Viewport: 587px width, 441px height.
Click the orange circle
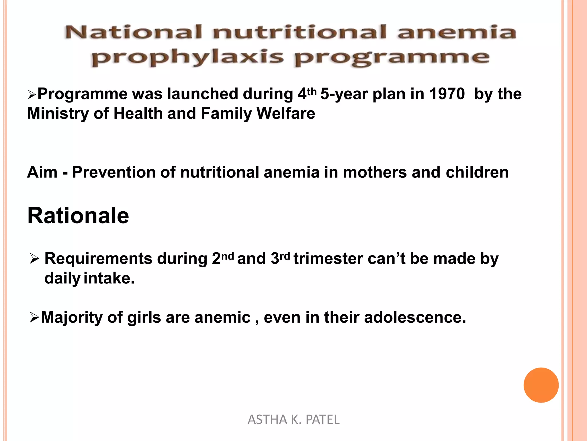[541, 385]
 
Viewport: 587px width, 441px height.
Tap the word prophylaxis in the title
[187, 57]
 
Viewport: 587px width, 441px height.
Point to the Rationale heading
[78, 216]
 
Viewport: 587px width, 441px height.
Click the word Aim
[42, 172]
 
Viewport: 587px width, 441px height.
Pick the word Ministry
[58, 113]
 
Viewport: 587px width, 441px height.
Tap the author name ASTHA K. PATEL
[293, 419]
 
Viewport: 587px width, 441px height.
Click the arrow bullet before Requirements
[34, 259]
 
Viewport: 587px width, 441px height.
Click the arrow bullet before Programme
[32, 94]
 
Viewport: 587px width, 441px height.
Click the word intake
[109, 278]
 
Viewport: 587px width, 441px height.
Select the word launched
[203, 94]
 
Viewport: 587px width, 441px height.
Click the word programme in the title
[392, 57]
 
